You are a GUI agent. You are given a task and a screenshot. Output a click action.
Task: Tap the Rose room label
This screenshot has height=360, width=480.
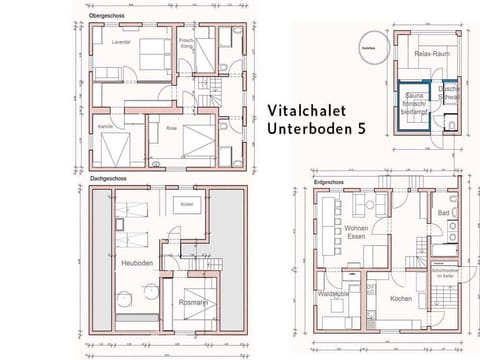click(171, 128)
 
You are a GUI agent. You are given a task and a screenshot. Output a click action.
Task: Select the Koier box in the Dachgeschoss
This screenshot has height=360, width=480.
click(186, 204)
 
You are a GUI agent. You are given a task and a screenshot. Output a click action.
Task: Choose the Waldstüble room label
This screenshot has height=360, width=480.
click(333, 294)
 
